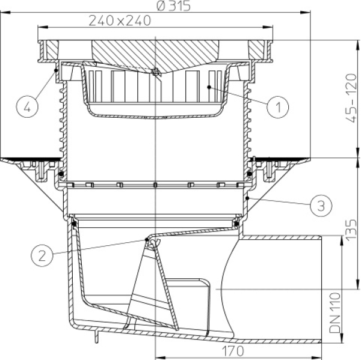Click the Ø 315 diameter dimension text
pyautogui.click(x=173, y=6)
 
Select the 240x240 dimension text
pyautogui.click(x=120, y=20)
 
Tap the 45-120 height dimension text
pyautogui.click(x=351, y=99)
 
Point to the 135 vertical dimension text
pyautogui.click(x=351, y=230)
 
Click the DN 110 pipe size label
pyautogui.click(x=335, y=313)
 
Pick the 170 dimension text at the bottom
pyautogui.click(x=233, y=351)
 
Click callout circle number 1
pyautogui.click(x=277, y=107)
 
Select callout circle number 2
pyautogui.click(x=42, y=255)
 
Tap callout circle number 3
pyautogui.click(x=321, y=206)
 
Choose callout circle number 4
pyautogui.click(x=27, y=107)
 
